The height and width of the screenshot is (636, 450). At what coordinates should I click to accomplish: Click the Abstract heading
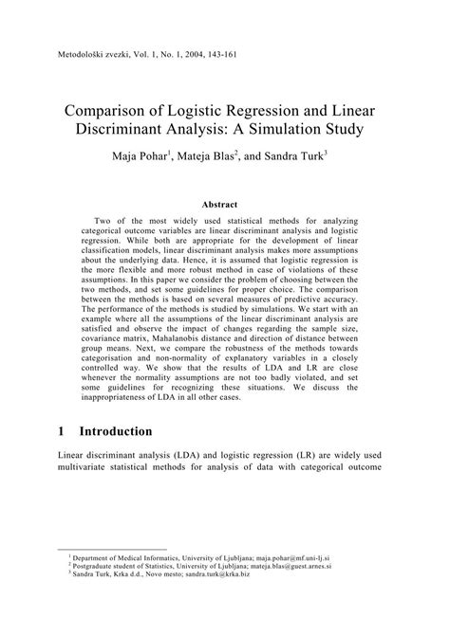(224, 203)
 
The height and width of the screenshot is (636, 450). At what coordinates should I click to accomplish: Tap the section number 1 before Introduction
(62, 431)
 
